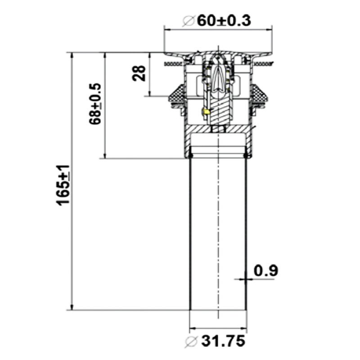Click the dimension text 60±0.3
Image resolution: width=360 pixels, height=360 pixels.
pos(224,21)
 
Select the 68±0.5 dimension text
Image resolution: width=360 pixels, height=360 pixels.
pos(95,104)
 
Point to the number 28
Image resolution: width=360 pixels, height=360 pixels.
pos(139,73)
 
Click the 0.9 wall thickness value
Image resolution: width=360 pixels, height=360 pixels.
pos(266,270)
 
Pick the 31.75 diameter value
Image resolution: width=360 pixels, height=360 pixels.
pos(223,341)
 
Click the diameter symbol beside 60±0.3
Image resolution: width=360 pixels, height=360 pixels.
pos(189,21)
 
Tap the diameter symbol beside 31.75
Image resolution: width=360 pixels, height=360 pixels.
pos(191,342)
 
